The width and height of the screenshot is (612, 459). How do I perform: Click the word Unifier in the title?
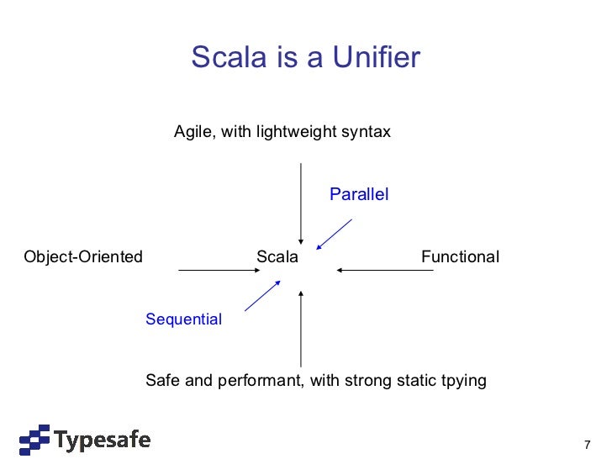(377, 58)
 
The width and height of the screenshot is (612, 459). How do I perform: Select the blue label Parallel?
(359, 195)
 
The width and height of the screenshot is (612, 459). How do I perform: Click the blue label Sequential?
(183, 319)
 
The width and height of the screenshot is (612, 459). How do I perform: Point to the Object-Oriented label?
(83, 257)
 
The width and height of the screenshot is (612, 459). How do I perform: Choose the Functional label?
(460, 257)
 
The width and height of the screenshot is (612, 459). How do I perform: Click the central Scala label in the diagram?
(277, 257)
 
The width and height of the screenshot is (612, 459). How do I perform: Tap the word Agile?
(193, 133)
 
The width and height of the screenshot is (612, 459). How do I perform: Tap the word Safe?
(163, 381)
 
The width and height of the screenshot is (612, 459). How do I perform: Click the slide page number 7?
(587, 444)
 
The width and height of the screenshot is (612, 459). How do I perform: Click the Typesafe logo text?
(103, 439)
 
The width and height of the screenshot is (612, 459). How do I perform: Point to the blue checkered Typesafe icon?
(35, 440)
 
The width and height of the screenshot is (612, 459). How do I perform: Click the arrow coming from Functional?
(384, 271)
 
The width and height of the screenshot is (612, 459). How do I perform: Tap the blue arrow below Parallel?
(334, 235)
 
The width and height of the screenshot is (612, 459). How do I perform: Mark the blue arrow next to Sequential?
(261, 297)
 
